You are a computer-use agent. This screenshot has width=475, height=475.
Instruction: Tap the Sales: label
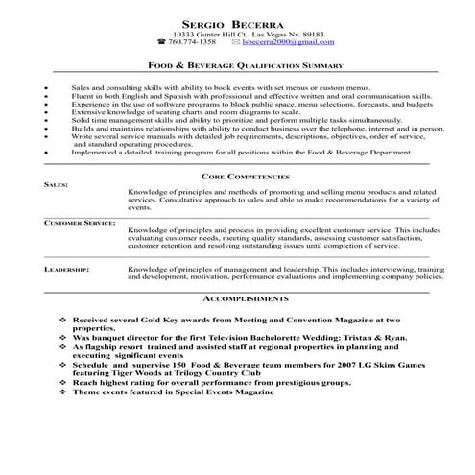[57, 188]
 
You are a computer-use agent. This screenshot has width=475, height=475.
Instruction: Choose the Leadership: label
[67, 272]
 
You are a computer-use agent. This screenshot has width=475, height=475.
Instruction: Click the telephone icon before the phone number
[160, 44]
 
